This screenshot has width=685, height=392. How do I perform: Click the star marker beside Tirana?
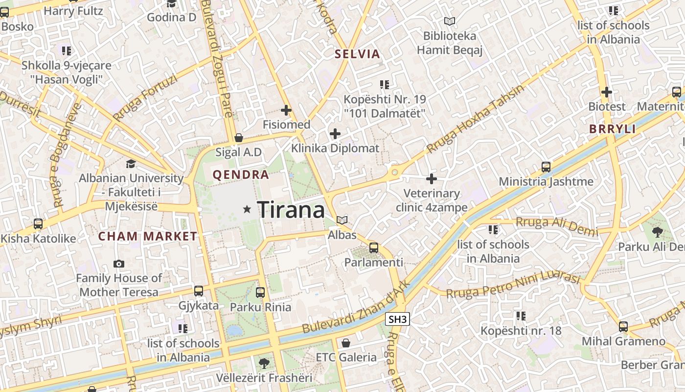click(x=247, y=210)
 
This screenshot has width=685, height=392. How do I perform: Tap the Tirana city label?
click(x=291, y=210)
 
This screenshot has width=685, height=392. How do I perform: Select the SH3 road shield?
click(x=397, y=320)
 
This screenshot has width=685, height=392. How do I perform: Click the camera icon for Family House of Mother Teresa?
click(x=118, y=264)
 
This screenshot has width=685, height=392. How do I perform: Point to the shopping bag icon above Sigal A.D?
click(x=239, y=138)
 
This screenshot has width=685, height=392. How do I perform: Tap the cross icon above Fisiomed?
click(x=286, y=111)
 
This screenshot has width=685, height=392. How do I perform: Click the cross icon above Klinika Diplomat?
click(x=335, y=134)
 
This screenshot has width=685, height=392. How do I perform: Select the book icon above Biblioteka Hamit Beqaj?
click(x=449, y=21)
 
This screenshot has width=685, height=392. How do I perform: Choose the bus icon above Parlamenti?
click(x=374, y=248)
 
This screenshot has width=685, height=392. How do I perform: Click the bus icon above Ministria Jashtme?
click(x=546, y=167)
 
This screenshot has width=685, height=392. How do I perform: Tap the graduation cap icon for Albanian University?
click(x=131, y=164)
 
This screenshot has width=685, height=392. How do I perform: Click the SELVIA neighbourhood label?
click(x=357, y=54)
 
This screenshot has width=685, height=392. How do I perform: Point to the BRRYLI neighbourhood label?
click(x=612, y=129)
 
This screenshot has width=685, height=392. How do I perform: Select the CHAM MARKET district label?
click(x=147, y=236)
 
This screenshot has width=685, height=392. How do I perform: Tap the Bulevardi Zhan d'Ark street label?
click(x=356, y=310)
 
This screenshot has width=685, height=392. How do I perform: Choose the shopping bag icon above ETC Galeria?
click(x=346, y=343)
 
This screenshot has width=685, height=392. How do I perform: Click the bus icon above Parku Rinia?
click(x=260, y=293)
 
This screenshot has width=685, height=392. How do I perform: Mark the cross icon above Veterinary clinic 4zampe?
click(x=432, y=179)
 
